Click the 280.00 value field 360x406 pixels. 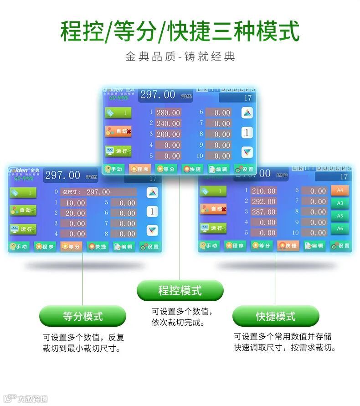tap(168, 113)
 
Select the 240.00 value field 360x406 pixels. tap(168, 123)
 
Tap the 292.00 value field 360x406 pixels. tap(264, 201)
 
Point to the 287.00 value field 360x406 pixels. tap(264, 212)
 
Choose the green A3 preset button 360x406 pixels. tap(339, 203)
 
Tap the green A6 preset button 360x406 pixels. tap(339, 228)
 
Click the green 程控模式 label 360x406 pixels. tap(180, 290)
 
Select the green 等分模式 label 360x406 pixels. tap(82, 316)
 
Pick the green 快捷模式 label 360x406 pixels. tap(276, 316)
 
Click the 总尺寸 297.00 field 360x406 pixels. tap(98, 192)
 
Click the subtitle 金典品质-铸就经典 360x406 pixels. tap(180, 57)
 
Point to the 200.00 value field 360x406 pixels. tap(168, 134)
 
